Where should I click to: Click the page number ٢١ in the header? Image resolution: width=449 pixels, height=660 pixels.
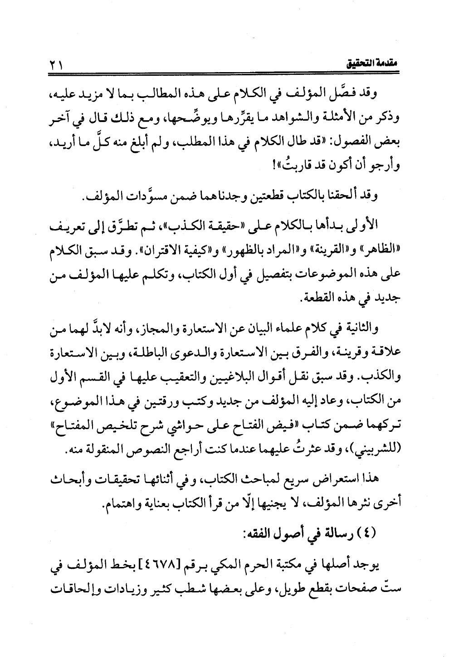click(x=57, y=67)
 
